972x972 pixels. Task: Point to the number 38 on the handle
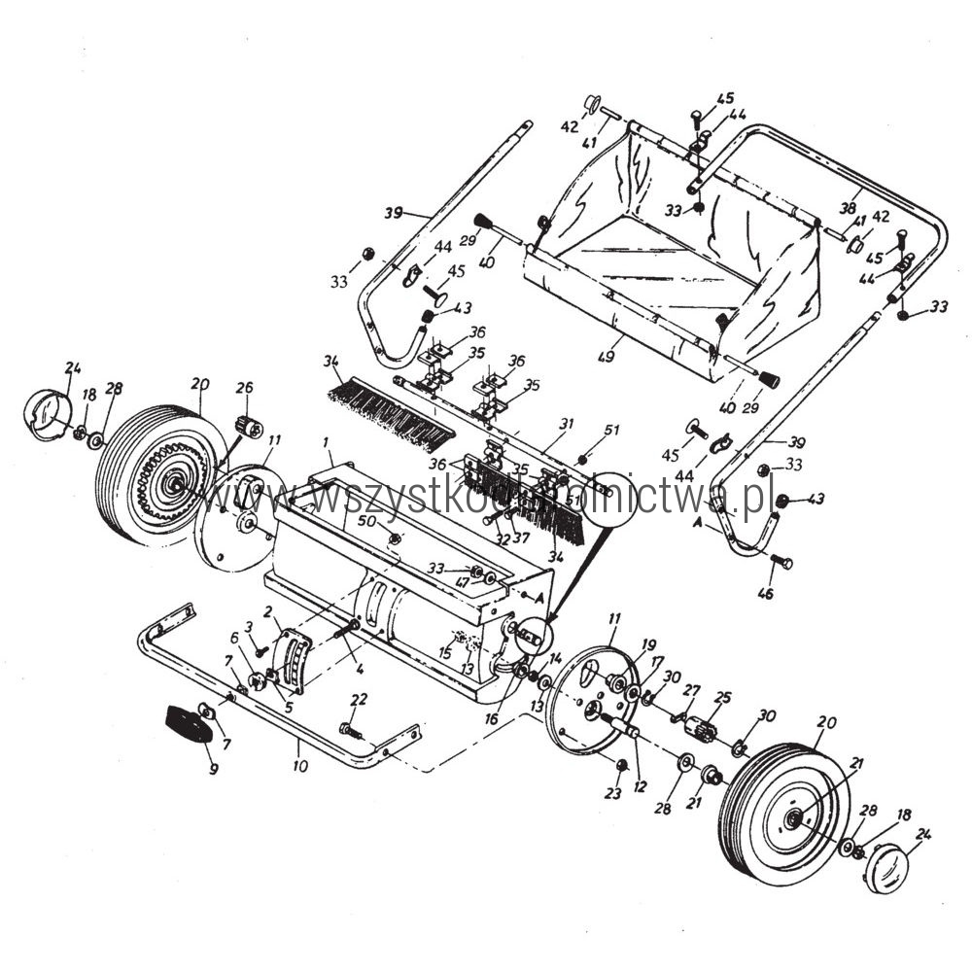847,207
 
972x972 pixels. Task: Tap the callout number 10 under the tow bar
299,766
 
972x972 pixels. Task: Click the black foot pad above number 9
187,723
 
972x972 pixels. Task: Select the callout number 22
360,699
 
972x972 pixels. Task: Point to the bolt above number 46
781,561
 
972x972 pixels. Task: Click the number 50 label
367,522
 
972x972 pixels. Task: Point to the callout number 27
691,689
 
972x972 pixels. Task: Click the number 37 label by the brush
522,538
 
